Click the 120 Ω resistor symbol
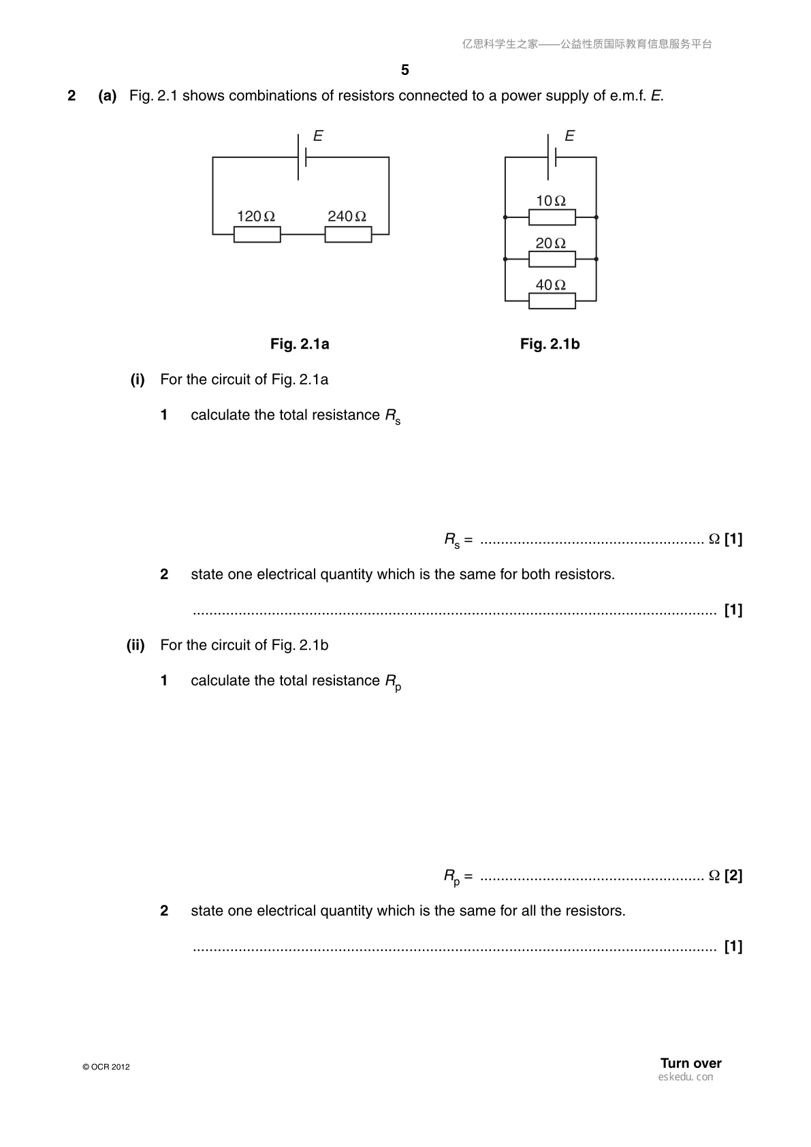pos(257,234)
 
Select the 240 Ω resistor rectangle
pos(348,234)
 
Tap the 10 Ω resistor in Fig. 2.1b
pos(552,217)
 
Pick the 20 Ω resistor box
pos(552,259)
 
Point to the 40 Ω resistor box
pos(552,301)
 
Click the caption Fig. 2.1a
pos(300,344)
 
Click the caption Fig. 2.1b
pos(550,344)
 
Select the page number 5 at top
pos(405,70)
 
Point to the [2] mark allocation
pos(733,875)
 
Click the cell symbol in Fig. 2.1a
pos(302,157)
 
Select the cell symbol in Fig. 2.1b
pos(552,157)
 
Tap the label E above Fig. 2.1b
pos(570,136)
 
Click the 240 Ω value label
pos(347,216)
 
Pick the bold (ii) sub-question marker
pos(136,644)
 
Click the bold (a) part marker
pos(108,96)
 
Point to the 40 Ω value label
pos(551,285)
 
